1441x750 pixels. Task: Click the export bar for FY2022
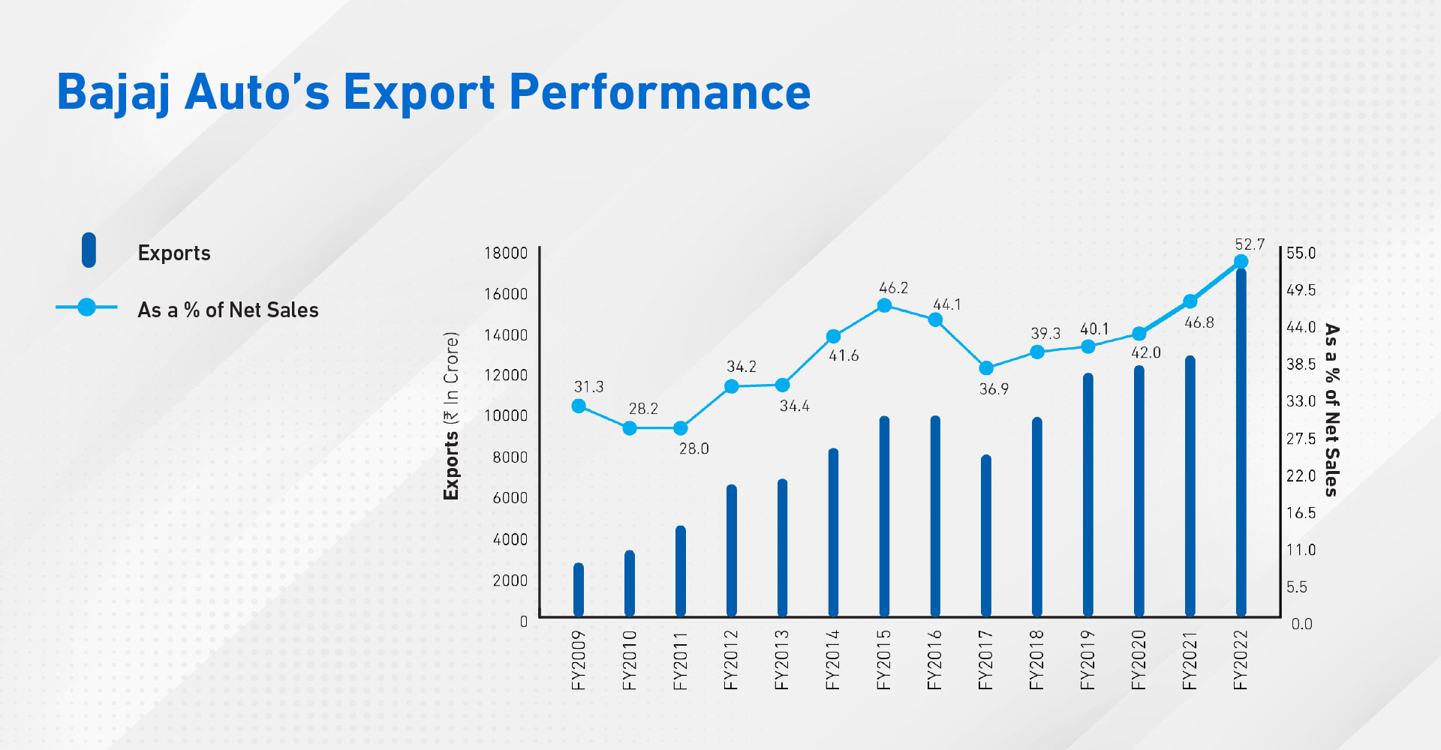pos(1241,442)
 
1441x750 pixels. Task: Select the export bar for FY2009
pos(579,590)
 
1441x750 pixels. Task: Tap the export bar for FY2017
pos(986,536)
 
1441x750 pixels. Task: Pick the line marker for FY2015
pos(884,305)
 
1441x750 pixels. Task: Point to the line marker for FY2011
pos(681,428)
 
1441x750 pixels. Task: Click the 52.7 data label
pos(1250,244)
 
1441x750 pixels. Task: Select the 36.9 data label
pos(994,389)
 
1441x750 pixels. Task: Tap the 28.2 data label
pos(643,409)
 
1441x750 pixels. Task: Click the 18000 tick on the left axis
pos(506,253)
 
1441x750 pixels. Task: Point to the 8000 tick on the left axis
pos(510,457)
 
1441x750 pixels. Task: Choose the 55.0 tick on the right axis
pos(1301,253)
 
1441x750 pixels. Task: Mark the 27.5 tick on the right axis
pos(1301,439)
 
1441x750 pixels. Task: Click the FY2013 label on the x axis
pos(782,660)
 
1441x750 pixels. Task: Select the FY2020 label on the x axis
pos(1139,660)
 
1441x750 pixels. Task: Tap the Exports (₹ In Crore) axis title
pos(451,416)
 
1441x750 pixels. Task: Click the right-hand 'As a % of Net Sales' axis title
pos(1331,410)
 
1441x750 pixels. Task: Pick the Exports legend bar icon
pos(89,250)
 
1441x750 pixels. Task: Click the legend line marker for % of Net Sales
pos(87,307)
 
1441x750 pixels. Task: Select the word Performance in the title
pos(660,92)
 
